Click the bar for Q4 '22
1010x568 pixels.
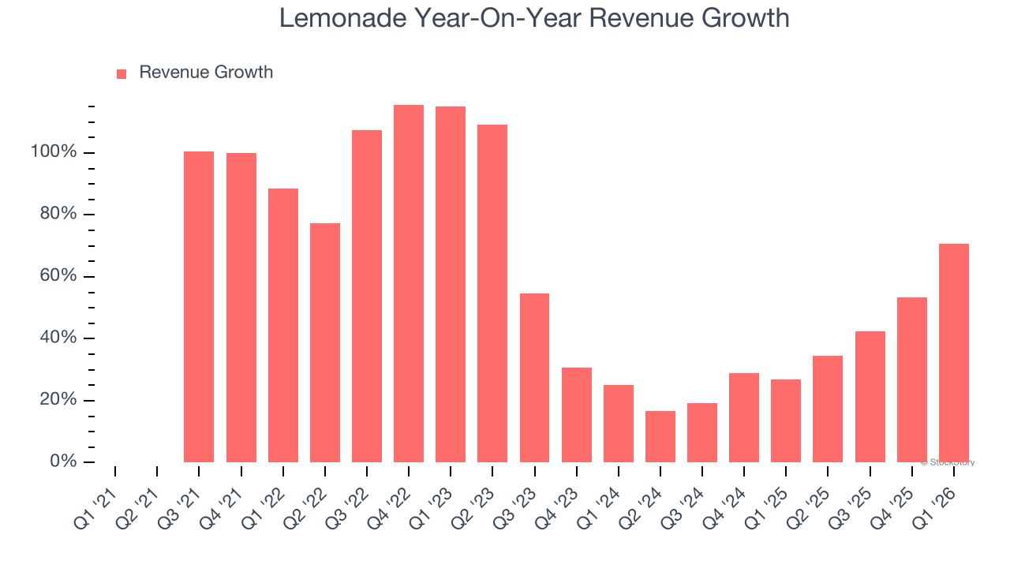[409, 284]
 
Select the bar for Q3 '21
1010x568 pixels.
[199, 307]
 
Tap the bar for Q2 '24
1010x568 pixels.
[660, 436]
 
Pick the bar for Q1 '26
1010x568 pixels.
[954, 353]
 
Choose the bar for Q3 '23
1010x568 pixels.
[534, 378]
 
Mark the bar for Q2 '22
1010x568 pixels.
[325, 342]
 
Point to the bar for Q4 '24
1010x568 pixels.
[744, 417]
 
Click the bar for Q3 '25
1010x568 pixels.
[870, 397]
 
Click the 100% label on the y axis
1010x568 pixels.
[54, 151]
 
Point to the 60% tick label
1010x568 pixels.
[58, 276]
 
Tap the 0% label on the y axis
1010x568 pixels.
[63, 461]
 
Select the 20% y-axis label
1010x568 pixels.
[58, 400]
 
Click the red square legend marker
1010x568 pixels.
[122, 74]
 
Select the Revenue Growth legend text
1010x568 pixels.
[206, 73]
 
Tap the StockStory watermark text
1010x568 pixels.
[950, 462]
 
